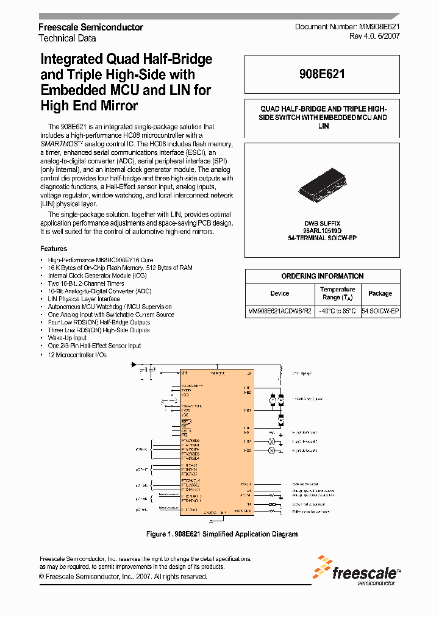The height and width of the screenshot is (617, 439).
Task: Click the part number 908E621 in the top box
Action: tap(322, 74)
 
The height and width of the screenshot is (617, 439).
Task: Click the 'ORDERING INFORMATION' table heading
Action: tap(323, 276)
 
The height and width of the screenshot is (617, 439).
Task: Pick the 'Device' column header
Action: tap(280, 293)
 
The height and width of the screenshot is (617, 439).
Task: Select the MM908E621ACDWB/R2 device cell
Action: tap(280, 311)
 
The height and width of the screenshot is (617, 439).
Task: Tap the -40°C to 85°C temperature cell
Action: tap(338, 311)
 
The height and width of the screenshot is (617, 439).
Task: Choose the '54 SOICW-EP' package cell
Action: tap(380, 311)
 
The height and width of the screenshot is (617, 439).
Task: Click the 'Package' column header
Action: tap(380, 293)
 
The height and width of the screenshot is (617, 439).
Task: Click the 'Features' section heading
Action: tap(54, 249)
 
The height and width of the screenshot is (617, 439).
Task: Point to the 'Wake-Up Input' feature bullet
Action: tap(67, 338)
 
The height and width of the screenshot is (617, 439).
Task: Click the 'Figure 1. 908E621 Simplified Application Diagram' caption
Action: tap(222, 534)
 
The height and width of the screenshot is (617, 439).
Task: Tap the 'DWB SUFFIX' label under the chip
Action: tap(322, 223)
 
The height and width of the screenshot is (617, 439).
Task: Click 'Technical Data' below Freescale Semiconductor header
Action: tap(67, 38)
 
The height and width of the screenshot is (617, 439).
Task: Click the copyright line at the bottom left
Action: tap(123, 576)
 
